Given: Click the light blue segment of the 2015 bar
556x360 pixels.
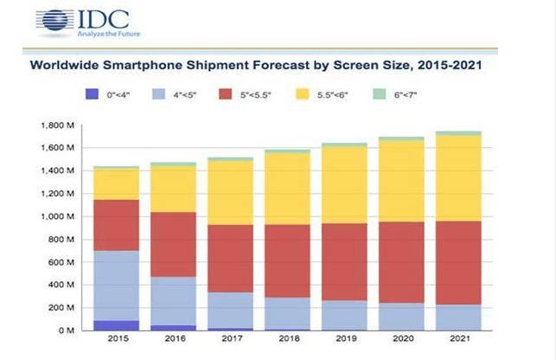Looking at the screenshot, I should tap(116, 286).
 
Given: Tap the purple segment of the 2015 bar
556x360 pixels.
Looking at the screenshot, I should tap(116, 325).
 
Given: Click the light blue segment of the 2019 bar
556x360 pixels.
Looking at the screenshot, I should tap(344, 315).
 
